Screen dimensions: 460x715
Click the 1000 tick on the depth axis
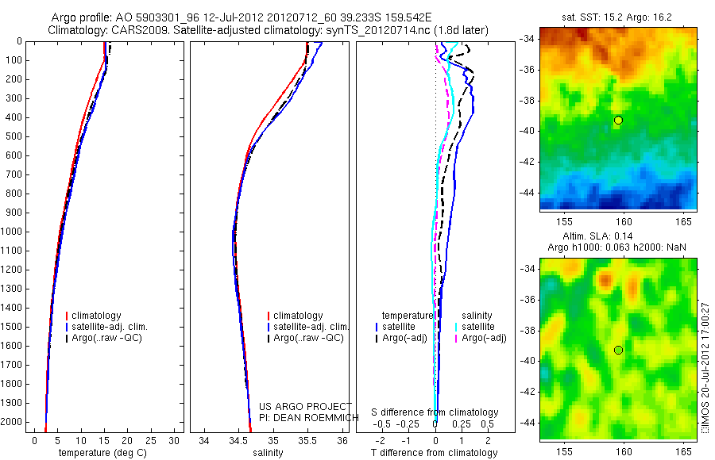point(16,232)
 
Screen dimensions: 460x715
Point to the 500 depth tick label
point(16,136)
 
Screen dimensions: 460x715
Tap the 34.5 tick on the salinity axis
point(238,440)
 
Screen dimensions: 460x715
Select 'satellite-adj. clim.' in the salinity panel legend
point(311,327)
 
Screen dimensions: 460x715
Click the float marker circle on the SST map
point(618,120)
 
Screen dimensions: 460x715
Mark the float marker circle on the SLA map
point(618,350)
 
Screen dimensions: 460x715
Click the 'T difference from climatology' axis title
point(435,453)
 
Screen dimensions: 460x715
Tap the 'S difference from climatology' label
point(435,412)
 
